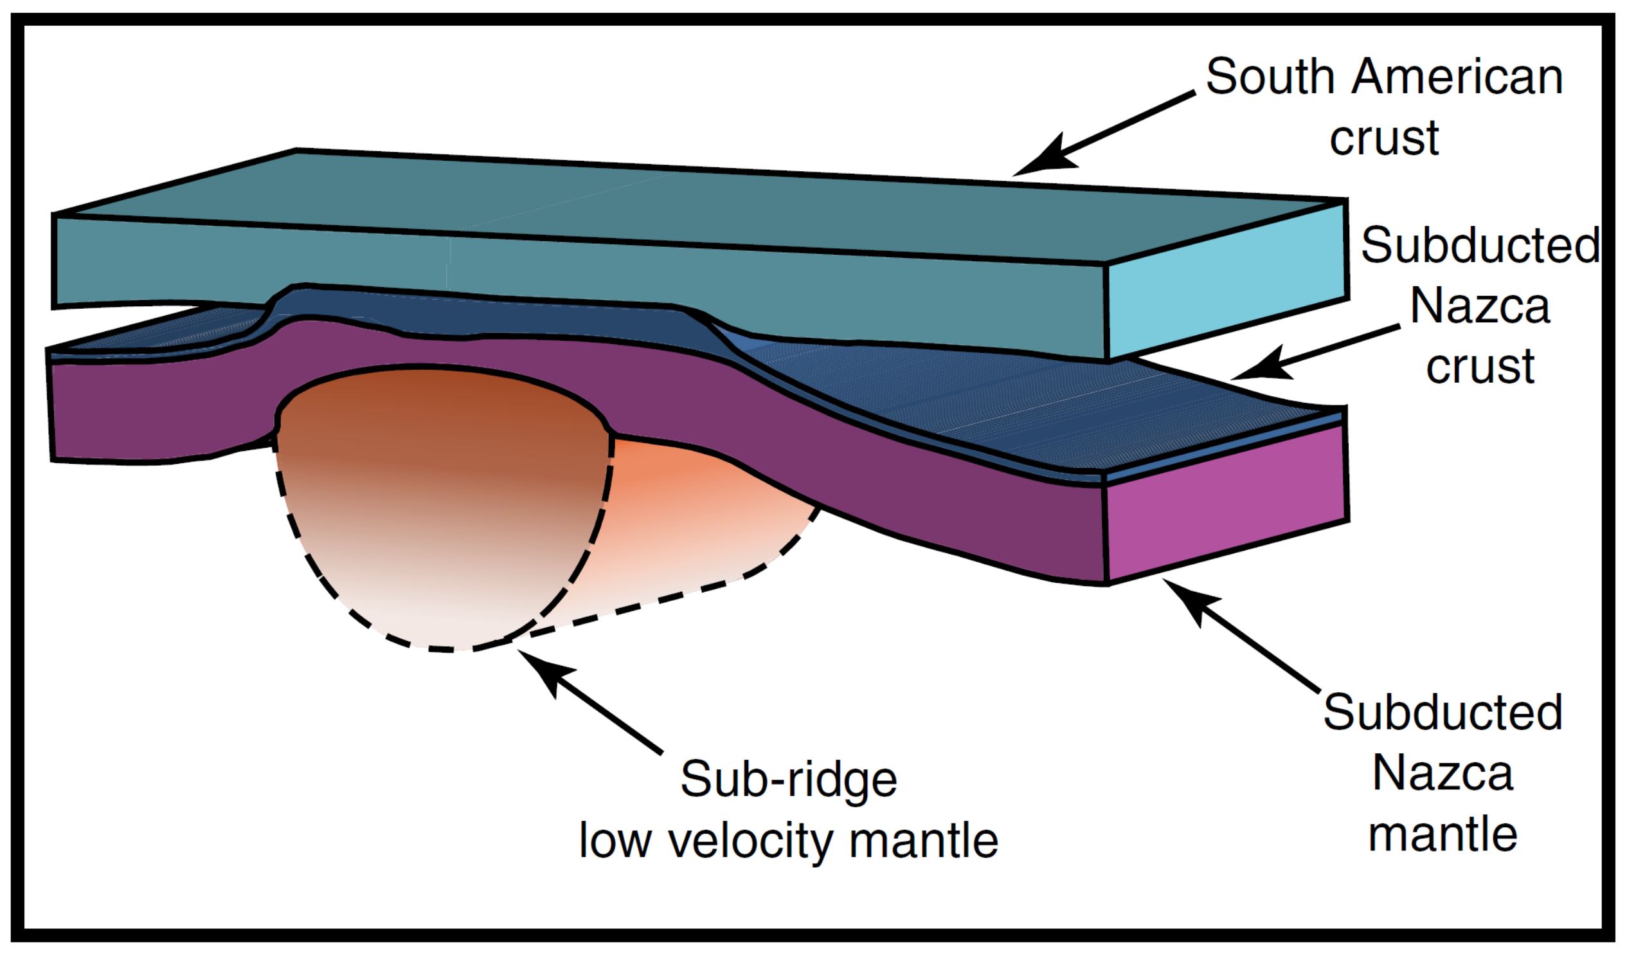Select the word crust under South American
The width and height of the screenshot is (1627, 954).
[x=1384, y=138]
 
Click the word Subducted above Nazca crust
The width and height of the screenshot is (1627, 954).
[x=1480, y=246]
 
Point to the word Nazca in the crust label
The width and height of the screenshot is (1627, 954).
[x=1480, y=306]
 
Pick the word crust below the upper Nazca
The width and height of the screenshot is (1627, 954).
[x=1480, y=366]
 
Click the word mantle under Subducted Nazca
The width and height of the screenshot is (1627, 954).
[x=1443, y=834]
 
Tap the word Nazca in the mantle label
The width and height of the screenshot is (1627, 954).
[x=1443, y=773]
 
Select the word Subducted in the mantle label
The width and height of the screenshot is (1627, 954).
[x=1443, y=713]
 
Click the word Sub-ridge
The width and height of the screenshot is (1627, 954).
[x=788, y=780]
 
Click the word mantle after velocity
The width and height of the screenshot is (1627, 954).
[x=923, y=841]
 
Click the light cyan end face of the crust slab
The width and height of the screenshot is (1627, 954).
[x=1227, y=281]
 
